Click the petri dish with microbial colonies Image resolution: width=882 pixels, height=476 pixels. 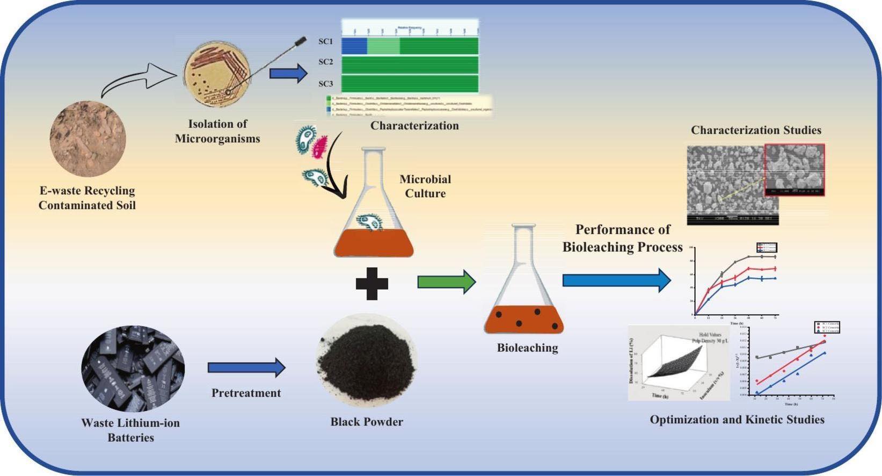(x=217, y=75)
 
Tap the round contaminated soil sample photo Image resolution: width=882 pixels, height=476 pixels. (x=88, y=138)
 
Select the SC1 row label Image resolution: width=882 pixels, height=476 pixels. (x=326, y=42)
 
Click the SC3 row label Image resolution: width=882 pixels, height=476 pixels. (x=326, y=84)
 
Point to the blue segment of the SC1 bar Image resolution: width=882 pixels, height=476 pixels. (x=354, y=46)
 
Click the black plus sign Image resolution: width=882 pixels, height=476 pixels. (x=372, y=283)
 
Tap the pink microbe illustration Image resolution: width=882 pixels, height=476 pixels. (x=320, y=147)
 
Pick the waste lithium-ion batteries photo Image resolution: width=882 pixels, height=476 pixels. (x=133, y=369)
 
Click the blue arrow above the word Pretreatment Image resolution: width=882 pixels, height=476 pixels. (x=246, y=368)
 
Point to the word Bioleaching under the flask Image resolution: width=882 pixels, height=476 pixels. (x=527, y=348)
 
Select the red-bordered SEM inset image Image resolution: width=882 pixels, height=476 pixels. (x=794, y=170)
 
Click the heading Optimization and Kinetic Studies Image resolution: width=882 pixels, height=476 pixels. (x=737, y=420)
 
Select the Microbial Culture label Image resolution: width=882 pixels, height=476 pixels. (x=425, y=186)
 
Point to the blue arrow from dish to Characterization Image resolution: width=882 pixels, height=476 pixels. (x=288, y=73)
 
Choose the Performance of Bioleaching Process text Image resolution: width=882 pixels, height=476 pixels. (x=623, y=238)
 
